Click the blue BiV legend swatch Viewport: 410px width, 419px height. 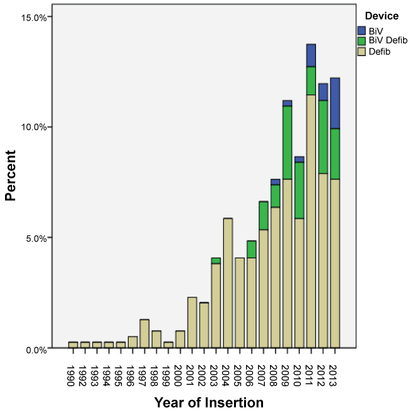[x=361, y=30]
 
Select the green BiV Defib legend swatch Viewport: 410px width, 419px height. [x=361, y=41]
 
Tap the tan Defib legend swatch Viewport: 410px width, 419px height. [x=361, y=52]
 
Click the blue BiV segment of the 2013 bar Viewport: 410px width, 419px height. [x=335, y=103]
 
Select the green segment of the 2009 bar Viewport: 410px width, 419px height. [x=287, y=142]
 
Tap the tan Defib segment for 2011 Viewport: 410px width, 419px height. [x=311, y=221]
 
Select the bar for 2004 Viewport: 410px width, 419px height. [x=228, y=284]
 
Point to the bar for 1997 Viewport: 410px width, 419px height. [x=144, y=334]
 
